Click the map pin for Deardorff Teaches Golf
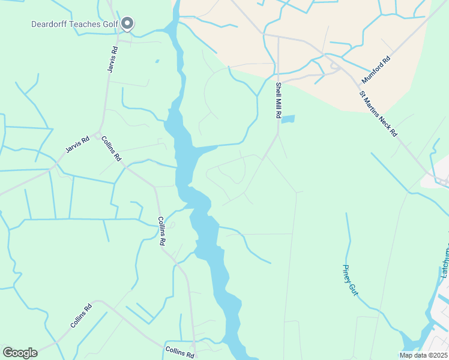point(127,23)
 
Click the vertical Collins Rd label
point(161,231)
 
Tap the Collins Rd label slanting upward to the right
point(80,316)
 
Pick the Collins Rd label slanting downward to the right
point(111,149)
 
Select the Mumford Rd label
point(376,70)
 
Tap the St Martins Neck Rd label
point(378,114)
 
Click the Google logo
point(20,353)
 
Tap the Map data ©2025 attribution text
point(423,355)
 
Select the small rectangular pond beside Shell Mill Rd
point(288,119)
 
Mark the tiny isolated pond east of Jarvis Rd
point(157,61)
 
